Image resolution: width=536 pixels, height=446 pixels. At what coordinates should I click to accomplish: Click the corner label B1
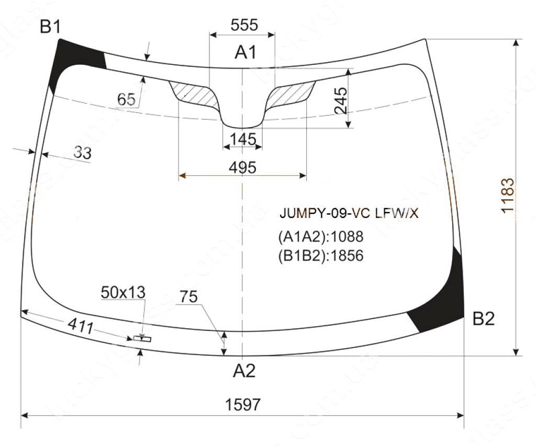pos(50,27)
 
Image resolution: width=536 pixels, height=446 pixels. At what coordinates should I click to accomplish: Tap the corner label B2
pos(483,318)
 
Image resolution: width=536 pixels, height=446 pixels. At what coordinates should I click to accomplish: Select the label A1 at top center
pos(245,52)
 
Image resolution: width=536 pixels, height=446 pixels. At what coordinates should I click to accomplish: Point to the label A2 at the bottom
pos(244,371)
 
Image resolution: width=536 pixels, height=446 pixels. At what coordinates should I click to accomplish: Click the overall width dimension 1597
pos(243,405)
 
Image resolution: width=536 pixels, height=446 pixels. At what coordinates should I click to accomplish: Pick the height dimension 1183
pos(508,196)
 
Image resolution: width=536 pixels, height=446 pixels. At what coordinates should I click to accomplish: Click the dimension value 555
pos(244,25)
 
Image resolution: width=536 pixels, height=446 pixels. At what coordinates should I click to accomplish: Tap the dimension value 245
pos(341,100)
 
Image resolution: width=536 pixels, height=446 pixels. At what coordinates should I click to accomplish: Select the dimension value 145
pos(243,139)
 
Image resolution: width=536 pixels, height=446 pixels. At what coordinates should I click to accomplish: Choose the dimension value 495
pos(242,167)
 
